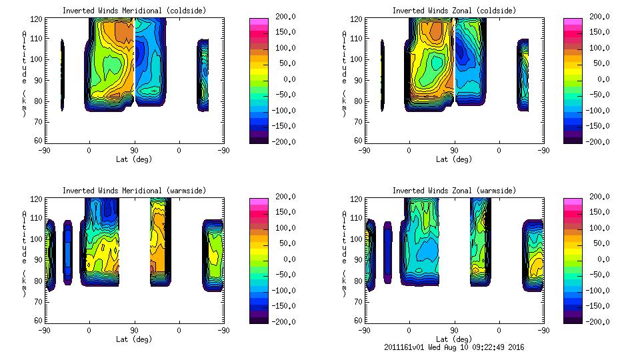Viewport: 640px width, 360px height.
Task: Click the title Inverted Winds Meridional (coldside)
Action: coord(134,10)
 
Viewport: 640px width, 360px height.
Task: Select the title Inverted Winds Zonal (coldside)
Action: coord(454,10)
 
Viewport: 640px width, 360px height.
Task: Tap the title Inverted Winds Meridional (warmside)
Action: coord(134,190)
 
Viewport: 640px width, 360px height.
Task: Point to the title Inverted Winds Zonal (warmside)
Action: coord(454,190)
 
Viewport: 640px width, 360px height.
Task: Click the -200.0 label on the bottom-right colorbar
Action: coord(599,321)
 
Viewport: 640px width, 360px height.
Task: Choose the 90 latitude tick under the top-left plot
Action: coord(134,151)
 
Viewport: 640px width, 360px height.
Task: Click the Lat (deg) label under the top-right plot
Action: coord(454,159)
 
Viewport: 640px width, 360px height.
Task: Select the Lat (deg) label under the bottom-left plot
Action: coord(134,339)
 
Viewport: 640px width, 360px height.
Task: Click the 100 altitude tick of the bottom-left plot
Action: coord(38,239)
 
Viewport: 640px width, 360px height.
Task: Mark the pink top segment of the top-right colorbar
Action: coord(573,23)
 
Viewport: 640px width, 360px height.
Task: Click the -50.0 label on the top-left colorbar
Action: coord(283,94)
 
